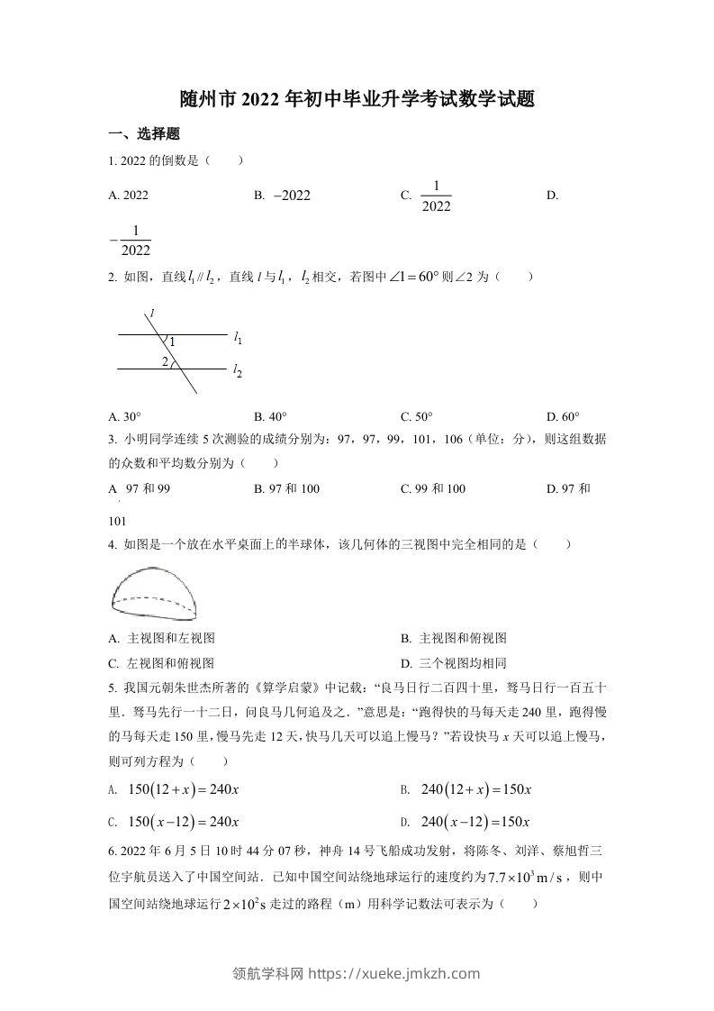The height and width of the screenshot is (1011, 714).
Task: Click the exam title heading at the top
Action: click(357, 99)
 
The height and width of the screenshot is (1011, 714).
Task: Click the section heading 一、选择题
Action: click(144, 134)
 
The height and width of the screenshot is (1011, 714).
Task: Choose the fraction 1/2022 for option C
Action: click(435, 196)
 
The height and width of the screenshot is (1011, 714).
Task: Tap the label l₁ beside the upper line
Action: click(238, 338)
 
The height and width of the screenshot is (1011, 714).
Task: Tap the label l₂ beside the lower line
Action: click(238, 369)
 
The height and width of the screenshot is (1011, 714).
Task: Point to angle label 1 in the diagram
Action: click(172, 342)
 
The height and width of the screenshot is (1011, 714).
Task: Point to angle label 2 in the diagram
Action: click(165, 362)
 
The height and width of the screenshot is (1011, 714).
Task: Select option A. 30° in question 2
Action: click(125, 416)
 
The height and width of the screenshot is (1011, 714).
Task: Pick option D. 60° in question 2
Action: click(564, 416)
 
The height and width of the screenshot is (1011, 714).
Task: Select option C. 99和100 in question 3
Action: click(433, 488)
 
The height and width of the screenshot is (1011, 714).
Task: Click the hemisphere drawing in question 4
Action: click(155, 592)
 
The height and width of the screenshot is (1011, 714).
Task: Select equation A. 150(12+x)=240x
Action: click(181, 789)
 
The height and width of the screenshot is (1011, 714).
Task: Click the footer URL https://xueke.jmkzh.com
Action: click(394, 973)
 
